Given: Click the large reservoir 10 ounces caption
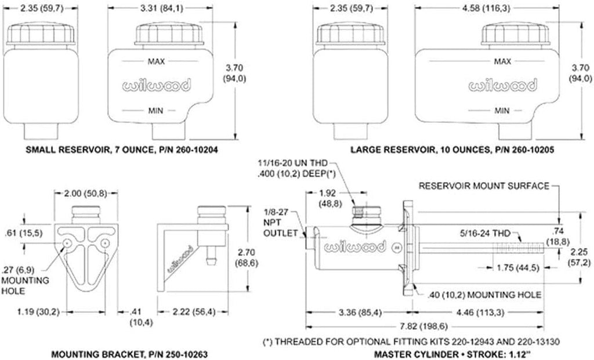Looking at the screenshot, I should [x=452, y=149].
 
